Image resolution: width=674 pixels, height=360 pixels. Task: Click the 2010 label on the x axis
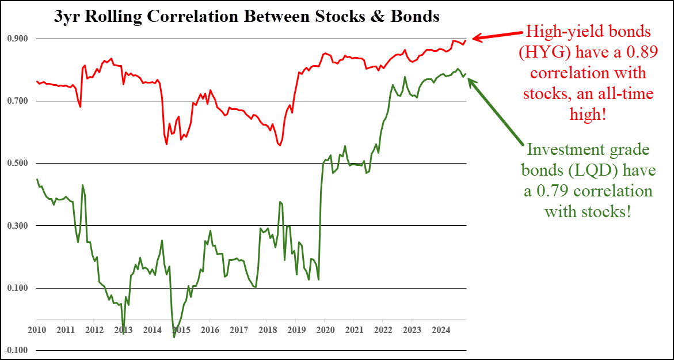coord(36,329)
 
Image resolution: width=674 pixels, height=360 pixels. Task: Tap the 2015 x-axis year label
coord(181,329)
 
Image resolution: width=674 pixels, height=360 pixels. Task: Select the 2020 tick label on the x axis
coord(325,329)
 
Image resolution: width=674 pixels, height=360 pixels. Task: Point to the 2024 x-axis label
coord(440,329)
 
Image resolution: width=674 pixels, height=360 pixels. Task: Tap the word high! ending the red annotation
coord(588,114)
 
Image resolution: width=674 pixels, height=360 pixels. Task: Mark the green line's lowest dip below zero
coord(174,336)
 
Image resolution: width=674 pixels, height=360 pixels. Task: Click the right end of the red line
coord(466,40)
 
